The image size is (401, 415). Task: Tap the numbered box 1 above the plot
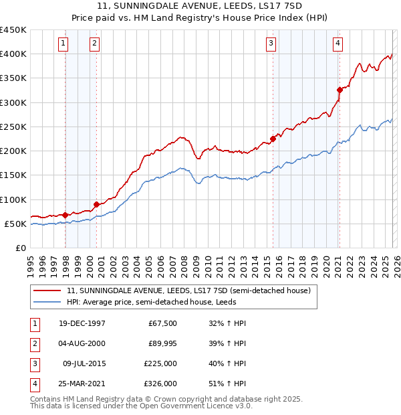coord(63,44)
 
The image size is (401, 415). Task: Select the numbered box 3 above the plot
coord(271,44)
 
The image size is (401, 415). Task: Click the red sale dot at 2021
coord(340,89)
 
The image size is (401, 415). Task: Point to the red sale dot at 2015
coord(273,139)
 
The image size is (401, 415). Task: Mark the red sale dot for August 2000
coord(96,204)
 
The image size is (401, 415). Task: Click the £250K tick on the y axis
coord(13,127)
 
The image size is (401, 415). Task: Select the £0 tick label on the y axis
coord(21,248)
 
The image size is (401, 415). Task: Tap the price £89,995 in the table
coord(162,343)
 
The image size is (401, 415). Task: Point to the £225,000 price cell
coord(162,363)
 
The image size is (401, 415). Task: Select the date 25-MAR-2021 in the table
coord(82,384)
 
